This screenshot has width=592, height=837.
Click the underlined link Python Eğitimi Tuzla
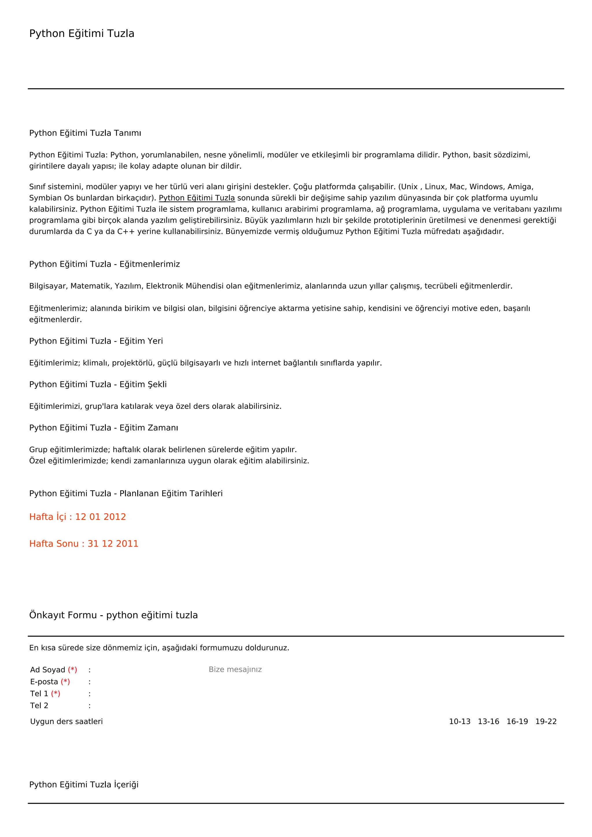197,198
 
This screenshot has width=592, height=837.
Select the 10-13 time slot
459,721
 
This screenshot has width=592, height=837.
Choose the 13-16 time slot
488,721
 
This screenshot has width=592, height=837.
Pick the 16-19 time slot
517,721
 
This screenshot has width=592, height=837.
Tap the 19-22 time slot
546,721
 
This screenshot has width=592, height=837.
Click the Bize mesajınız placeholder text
235,669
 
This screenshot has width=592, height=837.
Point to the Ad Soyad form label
47,670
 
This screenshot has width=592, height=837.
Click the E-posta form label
44,682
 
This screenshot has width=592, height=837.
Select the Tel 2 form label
39,705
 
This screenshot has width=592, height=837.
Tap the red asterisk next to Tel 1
55,693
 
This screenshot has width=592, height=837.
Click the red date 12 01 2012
100,517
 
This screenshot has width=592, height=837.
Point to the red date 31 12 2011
113,544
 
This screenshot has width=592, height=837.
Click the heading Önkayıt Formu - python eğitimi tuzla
113,615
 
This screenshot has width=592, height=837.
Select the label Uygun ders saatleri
66,721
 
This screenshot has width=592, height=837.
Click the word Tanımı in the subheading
127,133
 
